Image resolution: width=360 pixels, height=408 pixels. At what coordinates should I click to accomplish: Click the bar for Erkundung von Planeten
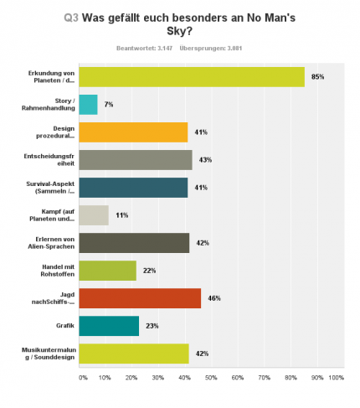[x=192, y=77]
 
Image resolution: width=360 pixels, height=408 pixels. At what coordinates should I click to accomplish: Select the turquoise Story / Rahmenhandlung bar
[x=88, y=105]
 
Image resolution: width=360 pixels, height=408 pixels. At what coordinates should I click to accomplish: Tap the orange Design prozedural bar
[x=133, y=132]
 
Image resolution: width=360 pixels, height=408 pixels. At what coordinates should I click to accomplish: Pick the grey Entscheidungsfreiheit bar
[x=136, y=160]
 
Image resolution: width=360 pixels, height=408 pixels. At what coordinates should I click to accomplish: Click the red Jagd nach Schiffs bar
[x=140, y=298]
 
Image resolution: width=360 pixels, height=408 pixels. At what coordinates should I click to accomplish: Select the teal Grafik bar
[x=109, y=326]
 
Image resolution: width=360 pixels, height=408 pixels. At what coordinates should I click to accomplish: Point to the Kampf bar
[x=94, y=215]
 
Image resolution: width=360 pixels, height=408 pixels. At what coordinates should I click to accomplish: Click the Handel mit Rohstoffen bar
[x=108, y=271]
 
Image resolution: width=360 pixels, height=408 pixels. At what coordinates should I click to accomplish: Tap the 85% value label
[x=318, y=77]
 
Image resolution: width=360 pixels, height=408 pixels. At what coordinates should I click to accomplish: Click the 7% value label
[x=109, y=105]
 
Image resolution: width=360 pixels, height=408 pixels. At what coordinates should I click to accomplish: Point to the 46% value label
[x=214, y=298]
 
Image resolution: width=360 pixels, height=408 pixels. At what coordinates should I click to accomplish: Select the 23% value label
[x=152, y=326]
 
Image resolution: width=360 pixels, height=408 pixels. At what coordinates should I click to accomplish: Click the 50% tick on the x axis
[x=211, y=378]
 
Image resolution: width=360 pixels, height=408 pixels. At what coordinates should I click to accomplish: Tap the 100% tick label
[x=337, y=378]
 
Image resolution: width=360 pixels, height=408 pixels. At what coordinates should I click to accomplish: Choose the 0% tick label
[x=83, y=378]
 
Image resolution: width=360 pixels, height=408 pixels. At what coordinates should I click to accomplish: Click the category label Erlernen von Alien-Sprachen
[x=51, y=243]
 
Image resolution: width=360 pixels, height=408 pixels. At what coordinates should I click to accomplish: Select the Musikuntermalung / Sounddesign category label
[x=49, y=354]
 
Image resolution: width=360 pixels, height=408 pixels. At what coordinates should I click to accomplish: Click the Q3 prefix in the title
[x=71, y=18]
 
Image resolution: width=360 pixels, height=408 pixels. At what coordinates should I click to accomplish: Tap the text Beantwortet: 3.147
[x=144, y=49]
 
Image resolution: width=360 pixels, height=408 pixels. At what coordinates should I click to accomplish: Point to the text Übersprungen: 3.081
[x=211, y=49]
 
